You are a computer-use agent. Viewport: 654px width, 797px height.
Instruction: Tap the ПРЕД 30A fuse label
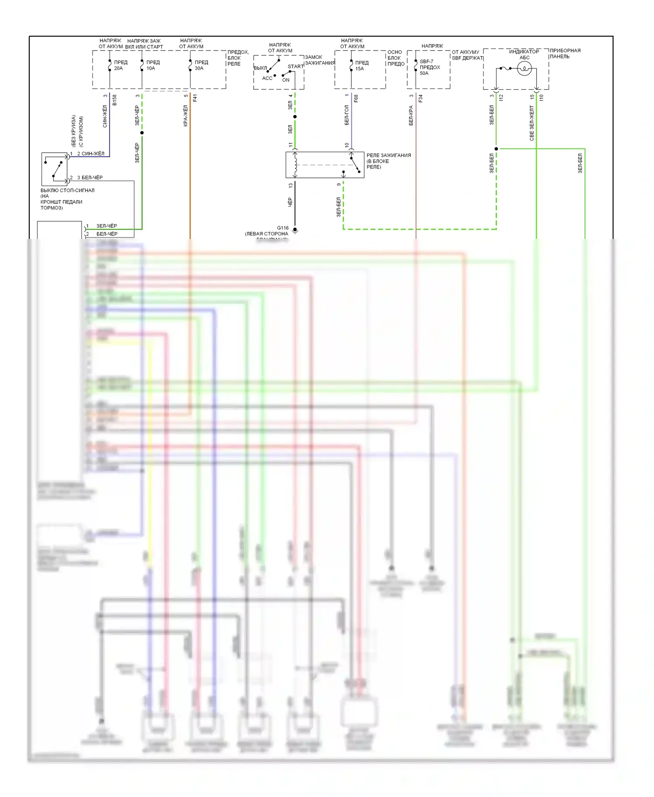[201, 65]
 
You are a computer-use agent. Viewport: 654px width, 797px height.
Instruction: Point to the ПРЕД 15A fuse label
[361, 66]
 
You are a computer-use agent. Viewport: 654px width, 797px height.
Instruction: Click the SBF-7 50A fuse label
[429, 68]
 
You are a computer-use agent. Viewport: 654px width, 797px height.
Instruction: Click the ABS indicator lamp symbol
[524, 68]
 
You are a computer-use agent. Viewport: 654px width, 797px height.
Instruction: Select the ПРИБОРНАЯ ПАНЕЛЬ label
[565, 54]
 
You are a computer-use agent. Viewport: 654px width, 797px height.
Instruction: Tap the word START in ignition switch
[296, 67]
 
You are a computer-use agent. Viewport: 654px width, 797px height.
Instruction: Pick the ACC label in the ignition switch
[267, 78]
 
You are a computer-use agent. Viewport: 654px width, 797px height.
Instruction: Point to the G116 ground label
[283, 228]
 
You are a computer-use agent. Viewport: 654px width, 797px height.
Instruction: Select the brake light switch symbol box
[54, 169]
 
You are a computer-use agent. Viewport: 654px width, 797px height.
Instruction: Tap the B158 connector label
[115, 100]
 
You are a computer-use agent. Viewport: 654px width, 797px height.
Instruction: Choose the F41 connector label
[195, 99]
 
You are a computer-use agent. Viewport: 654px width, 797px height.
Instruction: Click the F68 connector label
[356, 99]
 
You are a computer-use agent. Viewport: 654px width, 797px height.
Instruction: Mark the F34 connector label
[420, 99]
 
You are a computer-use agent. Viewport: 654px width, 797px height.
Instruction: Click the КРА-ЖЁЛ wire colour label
[186, 116]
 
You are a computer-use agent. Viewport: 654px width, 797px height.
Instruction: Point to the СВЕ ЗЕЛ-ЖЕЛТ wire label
[531, 123]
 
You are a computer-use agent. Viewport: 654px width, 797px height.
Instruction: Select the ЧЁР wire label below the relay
[290, 202]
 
